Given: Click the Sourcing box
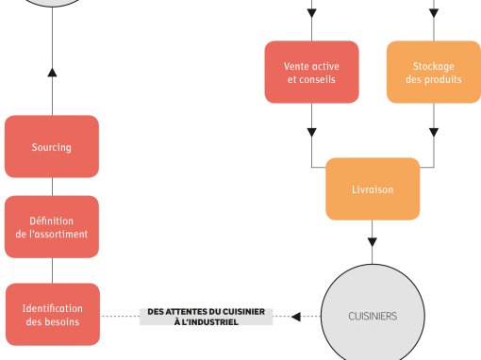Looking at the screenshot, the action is point(52,146).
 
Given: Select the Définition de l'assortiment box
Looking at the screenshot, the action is point(52,227).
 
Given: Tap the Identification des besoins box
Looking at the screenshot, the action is point(53,314).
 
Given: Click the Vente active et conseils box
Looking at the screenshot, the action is point(311,72).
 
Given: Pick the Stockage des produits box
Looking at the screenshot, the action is point(434,72).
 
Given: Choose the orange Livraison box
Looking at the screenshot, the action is point(373,188).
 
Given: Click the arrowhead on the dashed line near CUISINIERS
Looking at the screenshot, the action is point(296,317).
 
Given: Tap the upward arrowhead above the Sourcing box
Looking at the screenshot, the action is point(52,73).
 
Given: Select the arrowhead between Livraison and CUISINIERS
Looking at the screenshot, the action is point(373,242).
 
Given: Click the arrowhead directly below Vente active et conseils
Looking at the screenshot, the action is point(311,133).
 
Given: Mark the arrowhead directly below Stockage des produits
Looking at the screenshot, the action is point(434,133).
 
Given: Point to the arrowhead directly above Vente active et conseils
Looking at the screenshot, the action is point(311,13).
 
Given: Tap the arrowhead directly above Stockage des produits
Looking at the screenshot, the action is point(434,13).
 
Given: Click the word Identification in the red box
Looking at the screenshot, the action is point(53,308).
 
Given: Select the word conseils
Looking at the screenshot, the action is point(317,79).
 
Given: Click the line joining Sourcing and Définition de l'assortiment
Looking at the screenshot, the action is point(52,187).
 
